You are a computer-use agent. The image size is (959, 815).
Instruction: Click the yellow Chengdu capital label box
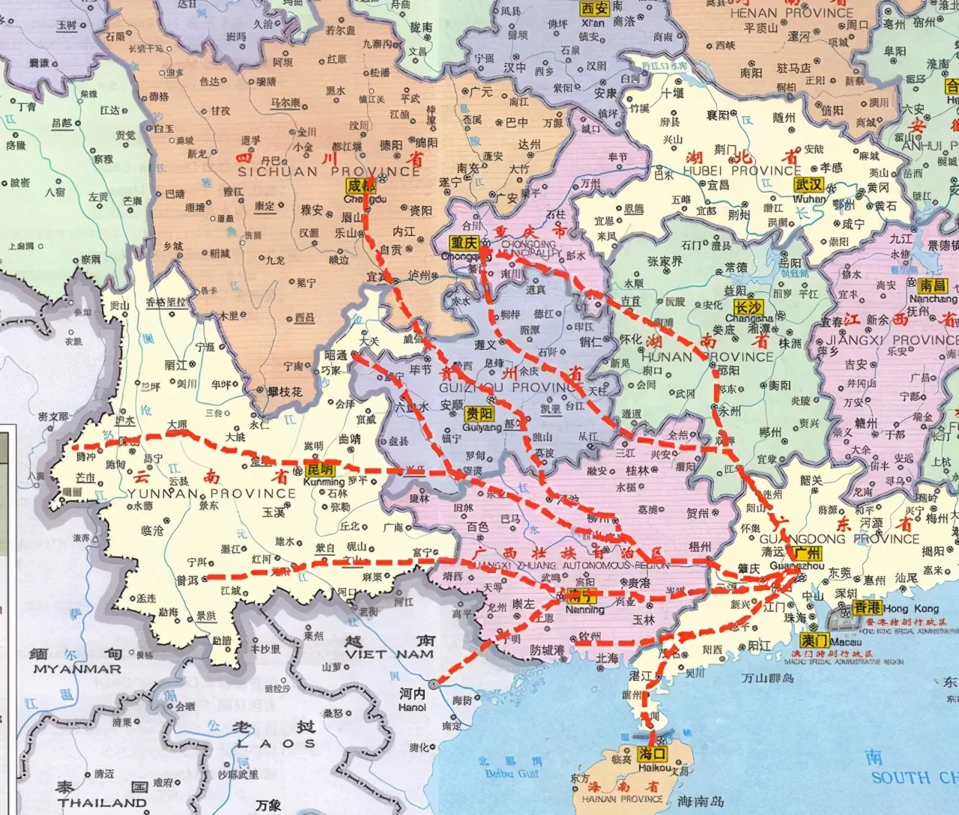[360, 186]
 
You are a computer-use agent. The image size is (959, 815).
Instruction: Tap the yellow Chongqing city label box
[465, 243]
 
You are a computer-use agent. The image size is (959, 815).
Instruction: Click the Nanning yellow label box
[582, 596]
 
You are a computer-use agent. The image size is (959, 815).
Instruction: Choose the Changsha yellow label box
[748, 307]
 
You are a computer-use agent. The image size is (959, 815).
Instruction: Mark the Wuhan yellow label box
[810, 185]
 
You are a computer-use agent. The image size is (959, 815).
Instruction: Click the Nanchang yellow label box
[934, 285]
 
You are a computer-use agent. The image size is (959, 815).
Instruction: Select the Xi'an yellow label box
[594, 8]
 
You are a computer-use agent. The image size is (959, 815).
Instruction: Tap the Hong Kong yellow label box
[867, 608]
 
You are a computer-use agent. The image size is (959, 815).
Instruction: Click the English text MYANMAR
[77, 668]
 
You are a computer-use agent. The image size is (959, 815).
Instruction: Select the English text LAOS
[276, 743]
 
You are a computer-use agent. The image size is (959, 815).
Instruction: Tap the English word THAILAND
[103, 803]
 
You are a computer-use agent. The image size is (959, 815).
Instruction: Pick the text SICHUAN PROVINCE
[329, 172]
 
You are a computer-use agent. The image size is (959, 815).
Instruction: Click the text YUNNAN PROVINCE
[211, 493]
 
